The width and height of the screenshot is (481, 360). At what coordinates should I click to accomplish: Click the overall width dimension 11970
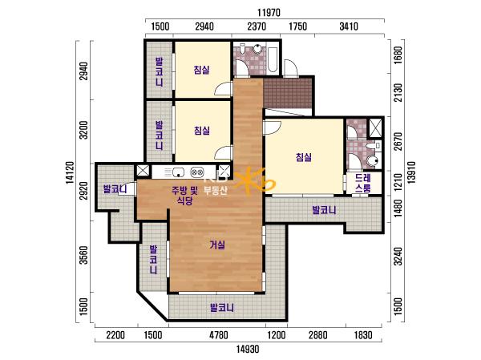[x=269, y=13]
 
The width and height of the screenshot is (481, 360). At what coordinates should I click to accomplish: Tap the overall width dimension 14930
[x=248, y=349]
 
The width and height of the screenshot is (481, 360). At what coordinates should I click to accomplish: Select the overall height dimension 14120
[x=70, y=173]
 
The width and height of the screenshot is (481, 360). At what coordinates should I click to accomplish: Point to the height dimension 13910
[x=411, y=173]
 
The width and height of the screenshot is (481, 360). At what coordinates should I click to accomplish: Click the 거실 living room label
[x=217, y=245]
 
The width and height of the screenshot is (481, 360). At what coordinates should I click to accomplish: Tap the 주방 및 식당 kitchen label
[x=184, y=196]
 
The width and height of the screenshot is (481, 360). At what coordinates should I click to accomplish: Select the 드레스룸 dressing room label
[x=363, y=184]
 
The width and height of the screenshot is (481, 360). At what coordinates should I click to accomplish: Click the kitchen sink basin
[x=178, y=172]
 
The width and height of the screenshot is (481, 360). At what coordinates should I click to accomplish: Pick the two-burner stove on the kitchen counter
[x=196, y=172]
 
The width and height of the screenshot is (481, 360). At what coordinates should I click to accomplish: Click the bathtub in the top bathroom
[x=273, y=59]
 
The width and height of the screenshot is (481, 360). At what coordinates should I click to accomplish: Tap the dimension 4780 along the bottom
[x=218, y=335]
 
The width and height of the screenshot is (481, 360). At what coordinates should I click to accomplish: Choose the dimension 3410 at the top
[x=349, y=26]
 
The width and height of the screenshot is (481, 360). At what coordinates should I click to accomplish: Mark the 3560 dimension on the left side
[x=83, y=255]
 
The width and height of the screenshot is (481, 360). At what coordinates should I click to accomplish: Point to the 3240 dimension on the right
[x=398, y=257]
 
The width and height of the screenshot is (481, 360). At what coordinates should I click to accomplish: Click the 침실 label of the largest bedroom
[x=304, y=157]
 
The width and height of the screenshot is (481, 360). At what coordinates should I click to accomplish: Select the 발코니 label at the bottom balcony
[x=221, y=308]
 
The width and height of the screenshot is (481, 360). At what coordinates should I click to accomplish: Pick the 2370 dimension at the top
[x=257, y=26]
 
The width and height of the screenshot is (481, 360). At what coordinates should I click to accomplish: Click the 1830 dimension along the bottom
[x=363, y=335]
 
